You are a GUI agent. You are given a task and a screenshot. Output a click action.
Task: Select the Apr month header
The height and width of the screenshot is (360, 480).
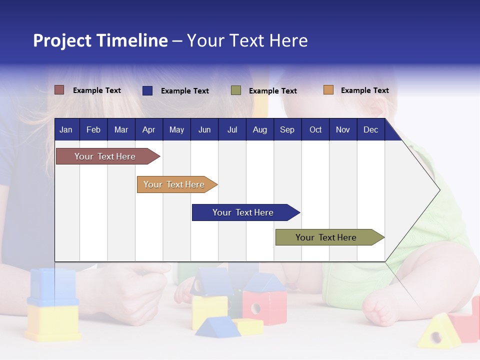(x=149, y=129)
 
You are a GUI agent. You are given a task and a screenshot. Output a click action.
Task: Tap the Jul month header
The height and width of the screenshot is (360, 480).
(x=232, y=129)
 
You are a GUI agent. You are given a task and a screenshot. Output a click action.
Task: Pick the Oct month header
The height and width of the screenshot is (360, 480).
(x=315, y=129)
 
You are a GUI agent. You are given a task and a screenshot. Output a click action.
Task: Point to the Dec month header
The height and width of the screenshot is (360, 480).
(x=371, y=129)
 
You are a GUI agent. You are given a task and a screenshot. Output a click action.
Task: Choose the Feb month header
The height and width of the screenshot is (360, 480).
(x=93, y=129)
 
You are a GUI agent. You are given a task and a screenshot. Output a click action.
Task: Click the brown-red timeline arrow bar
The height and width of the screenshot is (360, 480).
(x=108, y=156)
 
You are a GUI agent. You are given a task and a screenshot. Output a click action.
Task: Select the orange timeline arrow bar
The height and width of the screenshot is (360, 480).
(x=177, y=184)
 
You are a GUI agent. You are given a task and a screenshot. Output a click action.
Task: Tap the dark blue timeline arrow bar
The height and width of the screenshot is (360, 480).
(x=246, y=212)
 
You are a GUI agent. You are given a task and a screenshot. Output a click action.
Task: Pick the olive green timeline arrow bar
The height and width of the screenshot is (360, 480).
(x=330, y=237)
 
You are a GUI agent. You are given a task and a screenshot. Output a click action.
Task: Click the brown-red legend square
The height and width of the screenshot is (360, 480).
(x=59, y=90)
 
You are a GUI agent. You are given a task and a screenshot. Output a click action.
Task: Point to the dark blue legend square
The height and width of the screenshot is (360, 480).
(x=147, y=90)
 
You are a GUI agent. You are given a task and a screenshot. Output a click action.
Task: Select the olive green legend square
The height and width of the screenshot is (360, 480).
(x=236, y=90)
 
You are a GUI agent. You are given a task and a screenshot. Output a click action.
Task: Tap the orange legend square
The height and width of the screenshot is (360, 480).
(x=328, y=89)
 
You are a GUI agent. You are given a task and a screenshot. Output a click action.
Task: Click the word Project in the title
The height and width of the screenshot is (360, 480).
(x=62, y=41)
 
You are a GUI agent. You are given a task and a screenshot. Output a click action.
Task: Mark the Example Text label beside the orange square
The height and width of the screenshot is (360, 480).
(x=365, y=90)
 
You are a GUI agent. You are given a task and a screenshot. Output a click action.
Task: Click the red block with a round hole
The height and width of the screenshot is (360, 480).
(x=264, y=307)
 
